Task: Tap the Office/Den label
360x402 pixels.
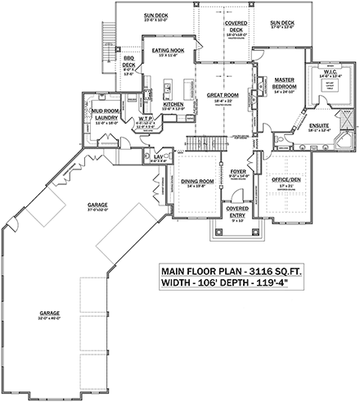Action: (286, 183)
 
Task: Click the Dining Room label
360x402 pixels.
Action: (197, 183)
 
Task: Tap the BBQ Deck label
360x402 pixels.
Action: (128, 64)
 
